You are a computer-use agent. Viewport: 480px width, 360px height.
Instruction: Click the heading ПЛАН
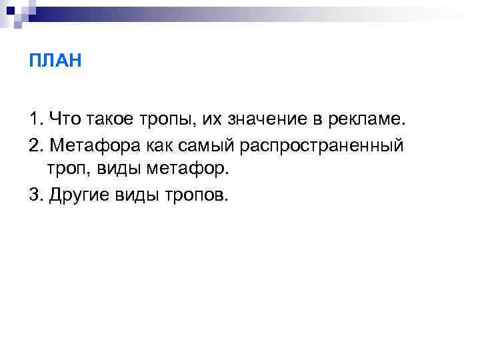pyautogui.click(x=55, y=62)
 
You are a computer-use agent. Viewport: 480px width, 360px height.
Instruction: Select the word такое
pyautogui.click(x=109, y=120)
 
